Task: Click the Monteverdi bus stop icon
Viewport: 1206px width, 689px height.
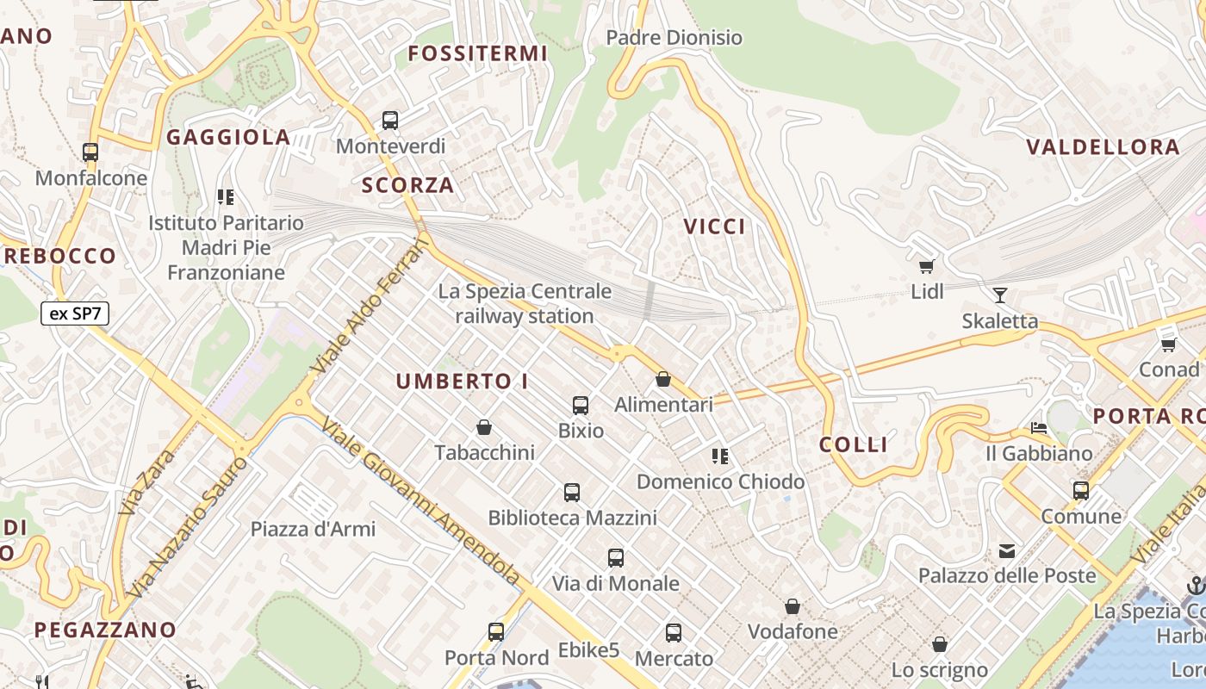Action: (390, 121)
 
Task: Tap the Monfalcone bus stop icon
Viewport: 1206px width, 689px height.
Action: (90, 152)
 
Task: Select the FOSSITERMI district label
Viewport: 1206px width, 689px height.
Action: (478, 53)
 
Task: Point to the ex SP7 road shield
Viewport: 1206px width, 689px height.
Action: (75, 313)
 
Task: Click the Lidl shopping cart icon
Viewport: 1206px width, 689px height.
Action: (927, 266)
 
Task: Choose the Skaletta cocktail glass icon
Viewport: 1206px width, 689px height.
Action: (999, 295)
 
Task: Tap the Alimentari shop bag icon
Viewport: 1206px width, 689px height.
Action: (663, 379)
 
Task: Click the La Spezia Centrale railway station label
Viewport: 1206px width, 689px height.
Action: (525, 304)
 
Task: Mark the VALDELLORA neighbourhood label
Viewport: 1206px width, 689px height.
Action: (1103, 147)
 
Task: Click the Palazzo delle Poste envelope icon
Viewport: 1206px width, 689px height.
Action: (1006, 550)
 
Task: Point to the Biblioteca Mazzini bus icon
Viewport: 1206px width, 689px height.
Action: (572, 493)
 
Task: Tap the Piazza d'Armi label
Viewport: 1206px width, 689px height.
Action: (313, 529)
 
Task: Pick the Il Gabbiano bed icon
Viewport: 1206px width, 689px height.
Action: (1039, 427)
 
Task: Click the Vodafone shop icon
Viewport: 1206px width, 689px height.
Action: (792, 607)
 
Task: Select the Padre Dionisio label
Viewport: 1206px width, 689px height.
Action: (674, 38)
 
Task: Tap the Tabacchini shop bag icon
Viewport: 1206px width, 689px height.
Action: (484, 427)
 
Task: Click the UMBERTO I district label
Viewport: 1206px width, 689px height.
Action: (463, 381)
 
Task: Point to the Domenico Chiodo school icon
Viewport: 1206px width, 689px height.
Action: (720, 456)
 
